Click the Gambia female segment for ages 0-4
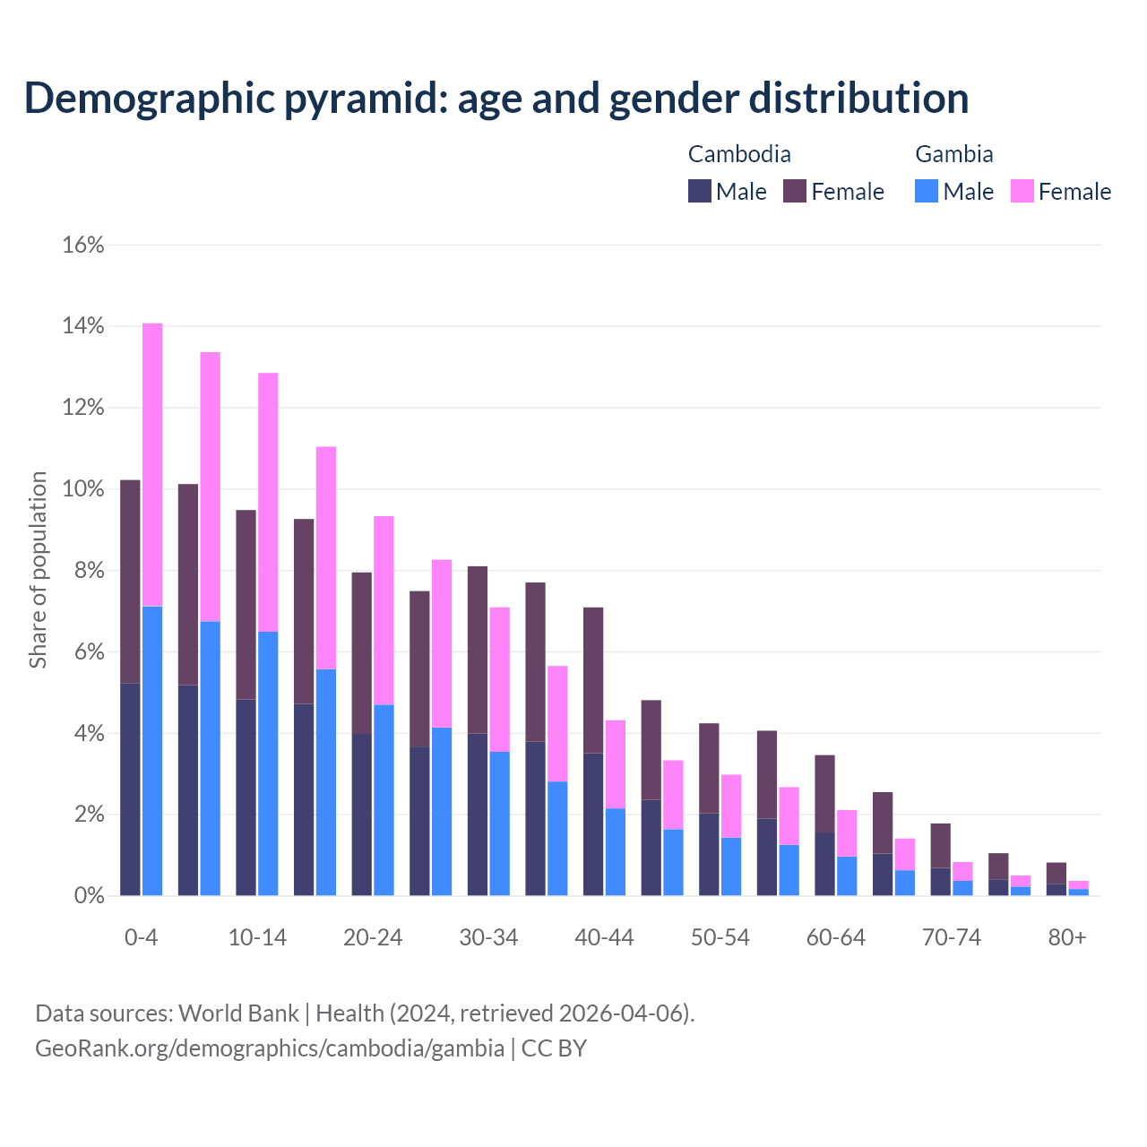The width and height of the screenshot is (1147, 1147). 152,464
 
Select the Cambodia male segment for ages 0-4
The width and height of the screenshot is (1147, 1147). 130,789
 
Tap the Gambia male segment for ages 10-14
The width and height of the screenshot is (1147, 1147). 268,763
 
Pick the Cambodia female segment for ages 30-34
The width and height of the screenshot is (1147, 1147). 478,650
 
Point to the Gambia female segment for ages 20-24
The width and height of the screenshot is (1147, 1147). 384,610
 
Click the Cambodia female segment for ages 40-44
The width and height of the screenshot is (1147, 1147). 593,680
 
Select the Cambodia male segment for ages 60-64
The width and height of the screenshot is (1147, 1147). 824,864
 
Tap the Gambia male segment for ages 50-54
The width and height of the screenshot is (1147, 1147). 731,867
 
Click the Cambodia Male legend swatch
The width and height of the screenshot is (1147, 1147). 700,191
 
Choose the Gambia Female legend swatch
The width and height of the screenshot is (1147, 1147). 1022,191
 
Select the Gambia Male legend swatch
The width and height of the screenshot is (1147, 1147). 927,191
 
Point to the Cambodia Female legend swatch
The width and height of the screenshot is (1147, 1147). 795,191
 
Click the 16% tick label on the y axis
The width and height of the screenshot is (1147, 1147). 83,245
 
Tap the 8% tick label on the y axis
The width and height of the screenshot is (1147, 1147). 88,571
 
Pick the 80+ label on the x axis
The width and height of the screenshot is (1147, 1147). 1067,937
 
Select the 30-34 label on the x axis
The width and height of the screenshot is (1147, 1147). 488,937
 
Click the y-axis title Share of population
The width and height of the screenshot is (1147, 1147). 39,570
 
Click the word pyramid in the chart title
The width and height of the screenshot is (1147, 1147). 365,98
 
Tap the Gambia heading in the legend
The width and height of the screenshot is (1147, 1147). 953,154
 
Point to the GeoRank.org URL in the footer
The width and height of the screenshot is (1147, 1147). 269,1048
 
